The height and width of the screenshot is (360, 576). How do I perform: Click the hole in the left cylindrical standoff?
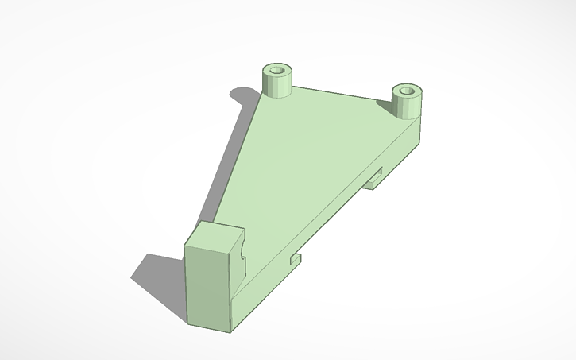[277, 71]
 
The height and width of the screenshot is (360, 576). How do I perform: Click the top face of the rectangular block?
[213, 236]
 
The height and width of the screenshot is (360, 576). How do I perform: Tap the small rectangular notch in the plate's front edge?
[296, 258]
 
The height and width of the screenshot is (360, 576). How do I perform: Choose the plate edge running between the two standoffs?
[342, 93]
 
